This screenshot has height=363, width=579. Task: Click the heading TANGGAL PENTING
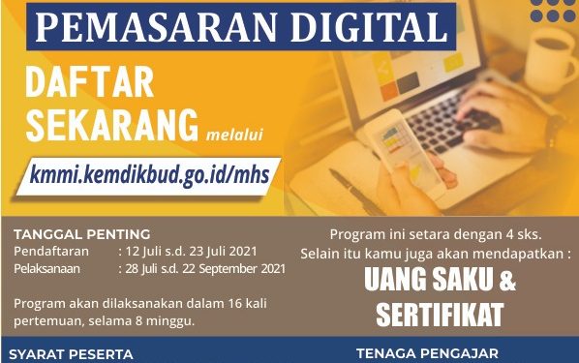[82, 233]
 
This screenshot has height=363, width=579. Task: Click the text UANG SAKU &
[440, 281]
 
